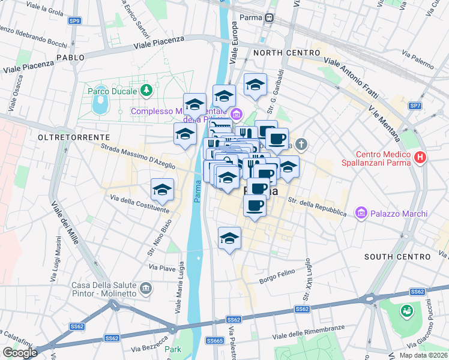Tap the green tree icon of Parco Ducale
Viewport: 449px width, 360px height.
tap(146, 91)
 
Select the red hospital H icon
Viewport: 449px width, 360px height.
tap(420, 158)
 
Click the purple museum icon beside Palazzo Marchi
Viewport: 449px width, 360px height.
tap(361, 214)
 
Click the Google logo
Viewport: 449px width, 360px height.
tap(19, 353)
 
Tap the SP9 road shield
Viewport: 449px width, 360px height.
tap(74, 21)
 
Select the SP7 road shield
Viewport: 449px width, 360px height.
tap(415, 106)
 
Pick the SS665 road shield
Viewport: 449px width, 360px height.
tap(215, 340)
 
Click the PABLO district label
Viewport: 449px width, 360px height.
tap(71, 57)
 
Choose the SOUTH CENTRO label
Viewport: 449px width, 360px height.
tap(397, 257)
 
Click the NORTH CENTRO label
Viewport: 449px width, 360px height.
tap(286, 53)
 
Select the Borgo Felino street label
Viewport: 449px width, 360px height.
tap(278, 276)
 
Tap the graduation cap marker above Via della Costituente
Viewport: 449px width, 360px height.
tap(162, 190)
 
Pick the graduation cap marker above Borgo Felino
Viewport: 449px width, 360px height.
tap(229, 239)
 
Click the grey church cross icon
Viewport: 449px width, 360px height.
tap(301, 144)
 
